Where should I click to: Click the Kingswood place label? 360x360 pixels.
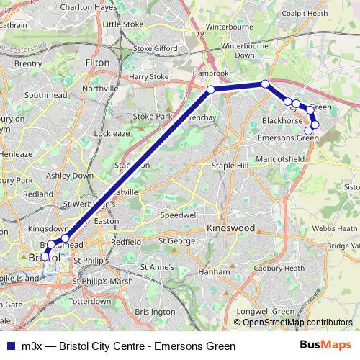pyautogui.click(x=231, y=228)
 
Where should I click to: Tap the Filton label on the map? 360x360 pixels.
pyautogui.click(x=97, y=63)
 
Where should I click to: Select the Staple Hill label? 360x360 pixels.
pyautogui.click(x=228, y=166)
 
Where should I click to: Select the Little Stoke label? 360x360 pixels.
pyautogui.click(x=123, y=24)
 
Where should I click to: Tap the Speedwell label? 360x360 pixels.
pyautogui.click(x=180, y=215)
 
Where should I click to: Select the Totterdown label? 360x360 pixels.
pyautogui.click(x=91, y=300)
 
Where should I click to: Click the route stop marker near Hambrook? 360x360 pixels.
pyautogui.click(x=211, y=89)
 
